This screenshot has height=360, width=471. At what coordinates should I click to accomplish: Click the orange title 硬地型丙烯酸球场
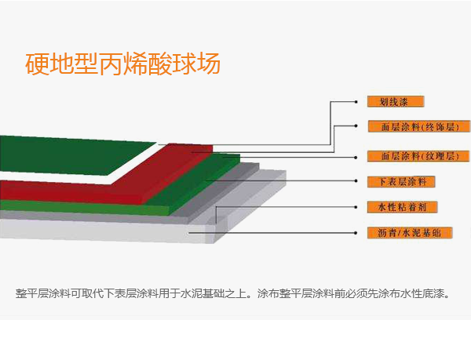[123, 64]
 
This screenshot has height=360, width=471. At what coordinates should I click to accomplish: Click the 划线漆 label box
[396, 102]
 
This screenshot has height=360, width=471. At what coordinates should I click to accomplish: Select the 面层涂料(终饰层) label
[419, 126]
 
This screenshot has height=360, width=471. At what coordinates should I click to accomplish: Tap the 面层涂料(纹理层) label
[418, 156]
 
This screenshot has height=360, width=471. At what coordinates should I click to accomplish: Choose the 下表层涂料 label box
[401, 181]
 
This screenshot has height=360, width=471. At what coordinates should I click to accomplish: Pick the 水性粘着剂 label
[402, 207]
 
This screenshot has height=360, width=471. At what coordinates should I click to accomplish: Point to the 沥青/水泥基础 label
[410, 233]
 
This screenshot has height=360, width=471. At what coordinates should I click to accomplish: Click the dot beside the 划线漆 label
[356, 102]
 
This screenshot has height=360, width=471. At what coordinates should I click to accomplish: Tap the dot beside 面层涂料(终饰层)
[356, 126]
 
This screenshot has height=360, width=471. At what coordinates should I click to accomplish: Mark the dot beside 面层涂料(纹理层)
[356, 157]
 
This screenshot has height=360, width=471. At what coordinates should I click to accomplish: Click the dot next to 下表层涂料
[356, 180]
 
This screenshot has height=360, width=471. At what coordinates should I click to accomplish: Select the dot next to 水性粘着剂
[356, 207]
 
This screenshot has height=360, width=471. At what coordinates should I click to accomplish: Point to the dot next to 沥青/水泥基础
[356, 233]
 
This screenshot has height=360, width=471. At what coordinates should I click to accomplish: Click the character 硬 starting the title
[37, 64]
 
